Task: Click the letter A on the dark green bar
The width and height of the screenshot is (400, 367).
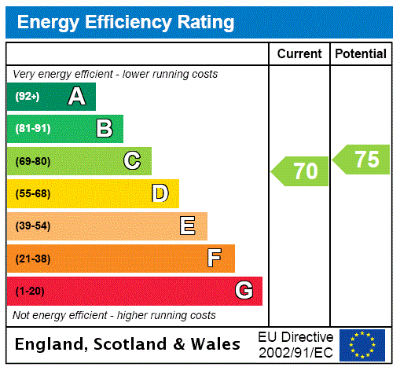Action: coord(76,97)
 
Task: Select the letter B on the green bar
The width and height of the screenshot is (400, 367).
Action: coord(104,129)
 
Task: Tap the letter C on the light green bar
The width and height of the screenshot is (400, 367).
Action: coord(132,161)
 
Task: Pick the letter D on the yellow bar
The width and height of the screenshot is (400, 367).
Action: coord(160,193)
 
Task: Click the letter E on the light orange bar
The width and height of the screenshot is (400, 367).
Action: coord(188,226)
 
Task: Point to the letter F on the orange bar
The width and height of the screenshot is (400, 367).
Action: coord(215,259)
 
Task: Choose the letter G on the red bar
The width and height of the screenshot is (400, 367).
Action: coord(244,291)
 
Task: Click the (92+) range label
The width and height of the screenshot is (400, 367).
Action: coord(28,97)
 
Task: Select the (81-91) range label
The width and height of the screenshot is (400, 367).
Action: coord(32,129)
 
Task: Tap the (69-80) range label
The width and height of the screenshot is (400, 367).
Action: coord(32,161)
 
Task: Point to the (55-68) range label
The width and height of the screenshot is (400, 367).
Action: coord(32,193)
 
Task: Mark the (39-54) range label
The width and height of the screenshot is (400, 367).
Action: coord(32,226)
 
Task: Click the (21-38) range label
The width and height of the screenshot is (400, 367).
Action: coord(32,259)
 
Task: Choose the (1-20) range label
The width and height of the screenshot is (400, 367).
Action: coord(30,291)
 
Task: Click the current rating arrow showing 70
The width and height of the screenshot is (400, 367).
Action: coord(300,171)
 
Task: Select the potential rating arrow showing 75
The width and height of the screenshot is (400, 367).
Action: coord(361,160)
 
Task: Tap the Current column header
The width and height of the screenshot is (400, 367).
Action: coord(299,54)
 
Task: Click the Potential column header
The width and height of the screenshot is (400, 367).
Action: coord(361,54)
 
